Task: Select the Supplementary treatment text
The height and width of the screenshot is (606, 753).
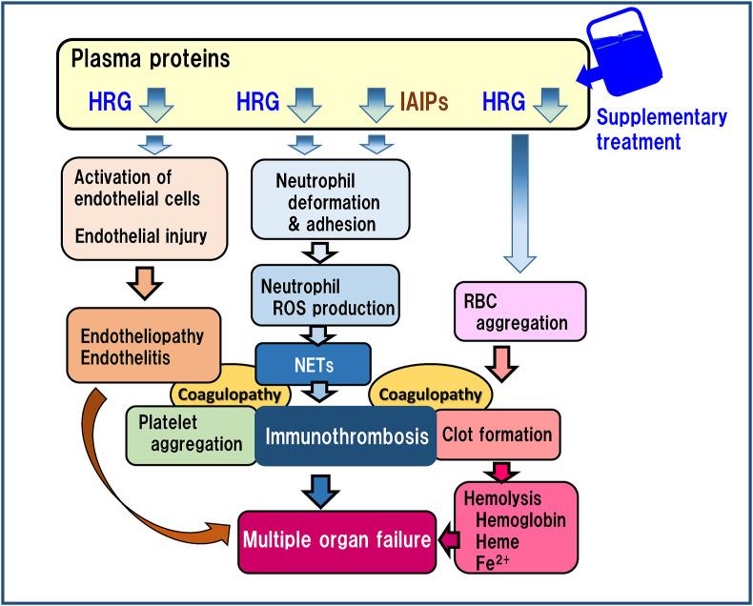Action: click(x=661, y=128)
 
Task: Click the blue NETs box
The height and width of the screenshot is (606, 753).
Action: click(x=311, y=361)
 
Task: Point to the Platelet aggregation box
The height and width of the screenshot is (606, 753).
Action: click(x=189, y=434)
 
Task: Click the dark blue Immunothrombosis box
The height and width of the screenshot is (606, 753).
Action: click(x=345, y=434)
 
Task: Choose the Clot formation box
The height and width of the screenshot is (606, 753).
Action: click(x=496, y=434)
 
